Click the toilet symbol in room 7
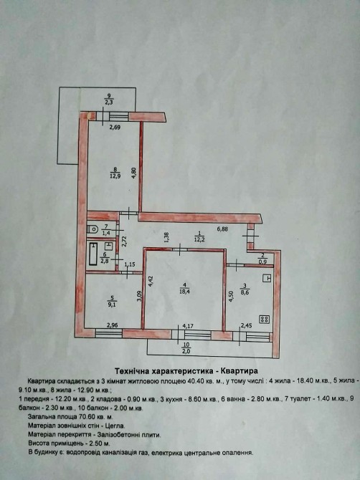point(93,229)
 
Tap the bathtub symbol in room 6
point(93,254)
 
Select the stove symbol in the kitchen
point(265,320)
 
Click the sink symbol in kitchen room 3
point(267,278)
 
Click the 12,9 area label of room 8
point(115,176)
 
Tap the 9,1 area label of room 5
point(112,304)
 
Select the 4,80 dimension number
point(133,173)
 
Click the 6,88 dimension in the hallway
point(222,229)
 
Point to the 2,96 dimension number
point(113,326)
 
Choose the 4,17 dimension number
point(188,326)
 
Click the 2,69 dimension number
point(115,127)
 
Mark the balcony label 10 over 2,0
point(186,348)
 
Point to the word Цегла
point(115,426)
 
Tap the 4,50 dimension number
point(232,297)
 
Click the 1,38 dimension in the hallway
point(166,238)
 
